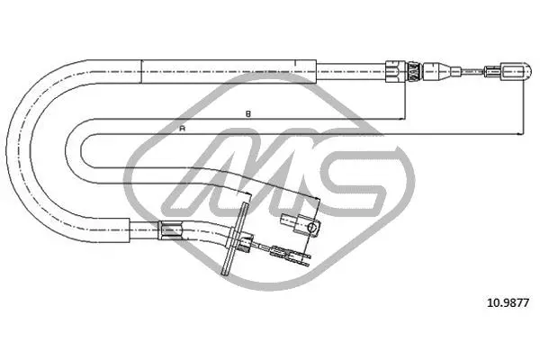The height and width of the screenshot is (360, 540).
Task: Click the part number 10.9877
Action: click(508, 302)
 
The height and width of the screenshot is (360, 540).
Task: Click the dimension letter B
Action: click(248, 113)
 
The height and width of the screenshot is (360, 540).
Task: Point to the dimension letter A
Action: click(182, 129)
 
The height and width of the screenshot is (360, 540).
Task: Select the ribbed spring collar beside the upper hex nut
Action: click(413, 72)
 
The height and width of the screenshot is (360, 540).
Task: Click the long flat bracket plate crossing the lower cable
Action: click(236, 238)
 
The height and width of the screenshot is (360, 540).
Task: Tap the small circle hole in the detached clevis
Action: click(311, 228)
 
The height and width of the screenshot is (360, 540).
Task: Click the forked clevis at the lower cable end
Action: click(292, 256)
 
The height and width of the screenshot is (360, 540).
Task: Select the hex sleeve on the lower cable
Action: click(169, 229)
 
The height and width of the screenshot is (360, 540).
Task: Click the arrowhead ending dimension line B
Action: click(400, 119)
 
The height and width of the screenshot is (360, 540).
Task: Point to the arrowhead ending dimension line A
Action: click(518, 134)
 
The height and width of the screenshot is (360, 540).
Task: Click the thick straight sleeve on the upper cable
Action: click(229, 72)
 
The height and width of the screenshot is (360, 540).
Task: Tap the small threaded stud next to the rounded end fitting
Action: click(493, 72)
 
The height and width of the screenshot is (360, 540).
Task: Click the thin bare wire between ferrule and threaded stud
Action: click(472, 72)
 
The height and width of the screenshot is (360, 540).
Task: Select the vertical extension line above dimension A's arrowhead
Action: click(523, 108)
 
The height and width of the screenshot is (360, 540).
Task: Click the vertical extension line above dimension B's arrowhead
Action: click(405, 101)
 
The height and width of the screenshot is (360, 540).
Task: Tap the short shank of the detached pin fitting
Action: click(288, 219)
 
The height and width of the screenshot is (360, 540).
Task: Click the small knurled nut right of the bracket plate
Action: click(245, 244)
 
